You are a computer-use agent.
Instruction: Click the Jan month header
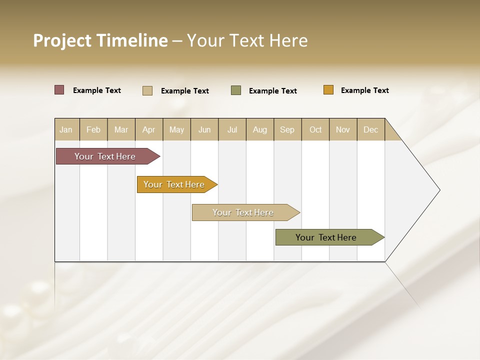(x=66, y=129)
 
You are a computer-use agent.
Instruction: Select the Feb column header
(x=93, y=129)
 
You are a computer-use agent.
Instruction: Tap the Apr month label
(x=148, y=129)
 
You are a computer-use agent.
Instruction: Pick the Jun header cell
(x=204, y=129)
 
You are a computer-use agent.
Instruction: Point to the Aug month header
(x=260, y=129)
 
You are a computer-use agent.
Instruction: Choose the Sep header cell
(x=287, y=129)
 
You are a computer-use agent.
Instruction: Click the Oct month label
(x=315, y=129)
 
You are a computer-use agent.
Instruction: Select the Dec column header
(x=371, y=129)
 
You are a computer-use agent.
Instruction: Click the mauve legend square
(x=59, y=90)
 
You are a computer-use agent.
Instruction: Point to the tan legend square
(x=147, y=90)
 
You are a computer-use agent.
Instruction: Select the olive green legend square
(x=236, y=90)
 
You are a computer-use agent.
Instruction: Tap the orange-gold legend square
(x=328, y=90)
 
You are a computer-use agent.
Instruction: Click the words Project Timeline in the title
(x=100, y=40)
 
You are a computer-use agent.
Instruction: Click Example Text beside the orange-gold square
(x=364, y=90)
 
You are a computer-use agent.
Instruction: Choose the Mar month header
(x=121, y=129)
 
